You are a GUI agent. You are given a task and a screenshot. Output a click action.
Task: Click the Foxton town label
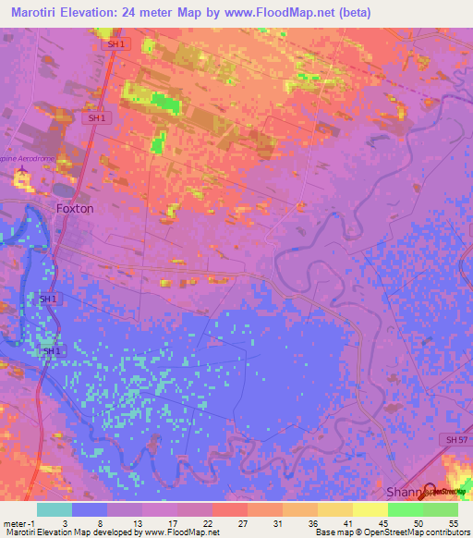[75, 208]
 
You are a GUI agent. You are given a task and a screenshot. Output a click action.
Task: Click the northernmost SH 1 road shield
[111, 44]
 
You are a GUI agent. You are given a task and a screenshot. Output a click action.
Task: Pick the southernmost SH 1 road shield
[50, 351]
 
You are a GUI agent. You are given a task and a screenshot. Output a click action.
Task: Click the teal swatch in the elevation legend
[54, 509]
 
